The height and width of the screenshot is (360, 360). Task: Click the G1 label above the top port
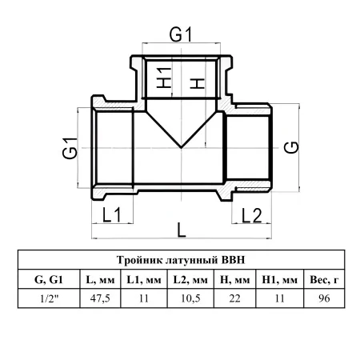[181, 34]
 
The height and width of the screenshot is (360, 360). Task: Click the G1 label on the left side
[70, 148]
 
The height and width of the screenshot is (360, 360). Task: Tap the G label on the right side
[291, 147]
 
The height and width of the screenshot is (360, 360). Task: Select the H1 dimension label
[163, 78]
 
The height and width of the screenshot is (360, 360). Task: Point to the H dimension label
[197, 83]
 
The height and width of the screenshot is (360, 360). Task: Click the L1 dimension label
[112, 214]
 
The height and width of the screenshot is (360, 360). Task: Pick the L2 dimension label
[252, 215]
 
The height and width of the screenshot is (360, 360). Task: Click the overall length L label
[182, 230]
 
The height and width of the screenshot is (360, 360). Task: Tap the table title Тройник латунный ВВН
[181, 260]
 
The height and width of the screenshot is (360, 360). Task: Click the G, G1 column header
[49, 279]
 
